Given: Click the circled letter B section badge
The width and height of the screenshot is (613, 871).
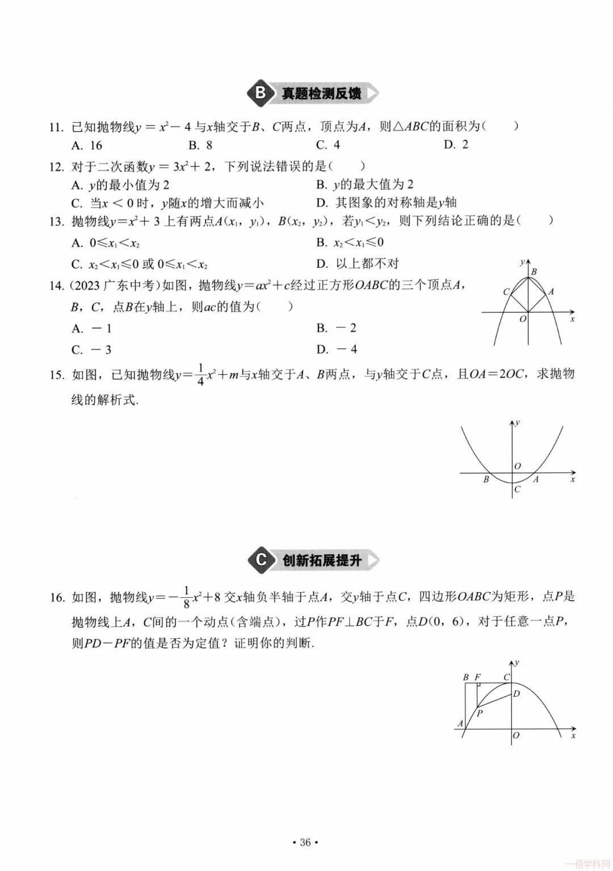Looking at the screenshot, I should pyautogui.click(x=261, y=93).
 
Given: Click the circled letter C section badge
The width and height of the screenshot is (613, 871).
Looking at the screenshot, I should pyautogui.click(x=261, y=560).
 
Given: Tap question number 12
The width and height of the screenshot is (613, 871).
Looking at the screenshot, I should pyautogui.click(x=56, y=167).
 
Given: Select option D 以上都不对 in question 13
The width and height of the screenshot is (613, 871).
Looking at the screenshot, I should pyautogui.click(x=358, y=263).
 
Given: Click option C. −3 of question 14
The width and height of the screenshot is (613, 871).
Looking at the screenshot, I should pyautogui.click(x=91, y=350).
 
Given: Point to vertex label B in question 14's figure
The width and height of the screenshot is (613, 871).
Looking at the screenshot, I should pyautogui.click(x=534, y=272).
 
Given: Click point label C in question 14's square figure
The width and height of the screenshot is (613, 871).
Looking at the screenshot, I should pyautogui.click(x=506, y=292).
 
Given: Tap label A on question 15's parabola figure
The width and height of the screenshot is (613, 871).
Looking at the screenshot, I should pyautogui.click(x=536, y=480).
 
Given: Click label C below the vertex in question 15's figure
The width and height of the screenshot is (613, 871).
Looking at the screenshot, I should pyautogui.click(x=517, y=489).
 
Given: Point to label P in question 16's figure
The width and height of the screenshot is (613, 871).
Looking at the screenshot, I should pyautogui.click(x=480, y=713).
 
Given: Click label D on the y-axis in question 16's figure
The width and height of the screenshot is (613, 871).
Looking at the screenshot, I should pyautogui.click(x=517, y=693).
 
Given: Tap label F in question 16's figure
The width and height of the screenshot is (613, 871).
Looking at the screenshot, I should pyautogui.click(x=477, y=677).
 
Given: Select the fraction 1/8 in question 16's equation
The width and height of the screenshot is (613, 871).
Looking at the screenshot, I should pyautogui.click(x=186, y=598).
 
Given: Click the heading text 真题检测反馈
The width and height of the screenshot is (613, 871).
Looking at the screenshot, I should pyautogui.click(x=321, y=94).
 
